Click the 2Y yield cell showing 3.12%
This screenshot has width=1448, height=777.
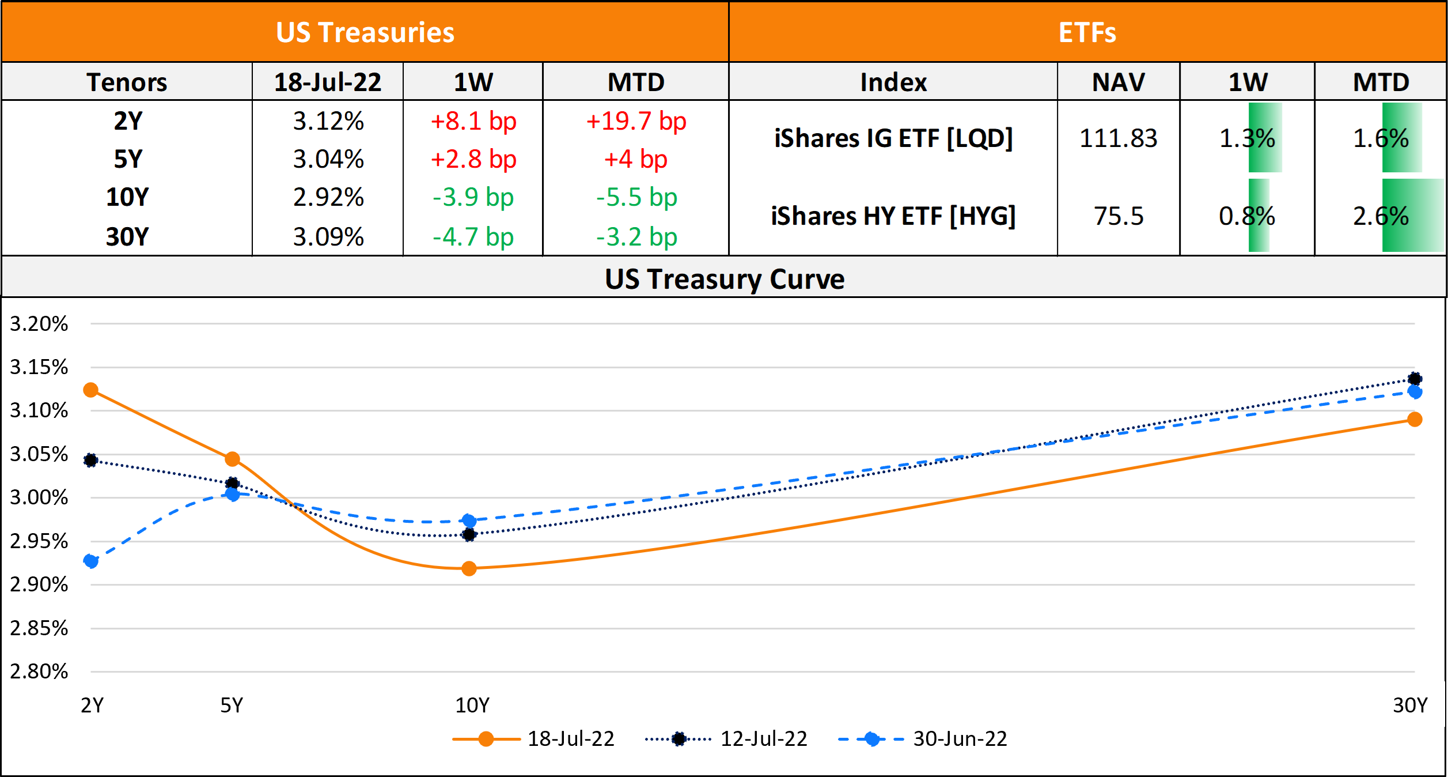[328, 122]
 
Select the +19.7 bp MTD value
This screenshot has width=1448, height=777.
[636, 122]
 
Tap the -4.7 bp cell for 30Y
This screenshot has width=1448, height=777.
[473, 237]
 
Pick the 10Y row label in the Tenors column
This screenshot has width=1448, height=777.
[127, 197]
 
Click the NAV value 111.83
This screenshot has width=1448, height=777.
[1118, 138]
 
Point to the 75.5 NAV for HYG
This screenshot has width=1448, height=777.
[1118, 216]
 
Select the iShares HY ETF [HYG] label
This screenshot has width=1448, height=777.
[893, 216]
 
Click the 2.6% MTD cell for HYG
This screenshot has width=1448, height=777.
[1381, 216]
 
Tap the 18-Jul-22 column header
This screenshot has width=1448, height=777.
[327, 82]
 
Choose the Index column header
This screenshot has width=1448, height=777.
[893, 82]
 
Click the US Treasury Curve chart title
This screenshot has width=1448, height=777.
[724, 279]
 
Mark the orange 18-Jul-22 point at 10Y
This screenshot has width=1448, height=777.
[469, 569]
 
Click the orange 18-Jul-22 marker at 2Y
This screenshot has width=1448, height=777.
[90, 390]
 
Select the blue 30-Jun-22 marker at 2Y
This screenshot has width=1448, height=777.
[90, 561]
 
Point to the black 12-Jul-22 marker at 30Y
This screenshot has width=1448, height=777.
[1415, 379]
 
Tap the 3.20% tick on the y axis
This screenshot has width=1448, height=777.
[39, 324]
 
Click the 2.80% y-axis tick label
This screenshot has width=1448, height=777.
[39, 672]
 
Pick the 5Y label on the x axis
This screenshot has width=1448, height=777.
[232, 705]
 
